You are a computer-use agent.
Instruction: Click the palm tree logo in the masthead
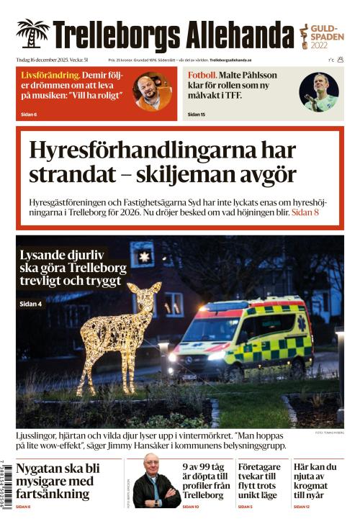pyautogui.click(x=32, y=34)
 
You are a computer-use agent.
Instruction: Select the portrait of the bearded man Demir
pyautogui.click(x=153, y=92)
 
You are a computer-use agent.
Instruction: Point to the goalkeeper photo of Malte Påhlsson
pyautogui.click(x=319, y=92)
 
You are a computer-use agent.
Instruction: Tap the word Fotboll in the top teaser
pyautogui.click(x=202, y=75)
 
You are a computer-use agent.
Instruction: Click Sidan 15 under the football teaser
pyautogui.click(x=197, y=114)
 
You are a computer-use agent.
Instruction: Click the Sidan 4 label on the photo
pyautogui.click(x=30, y=304)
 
